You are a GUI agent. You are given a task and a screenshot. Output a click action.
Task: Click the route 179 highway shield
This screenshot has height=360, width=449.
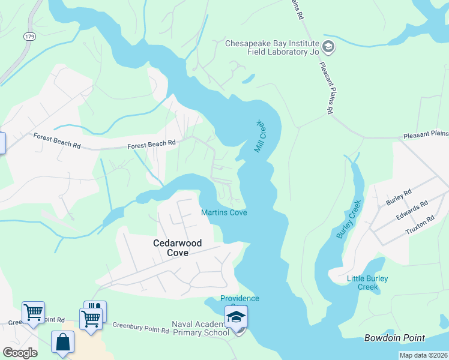pos(29,37)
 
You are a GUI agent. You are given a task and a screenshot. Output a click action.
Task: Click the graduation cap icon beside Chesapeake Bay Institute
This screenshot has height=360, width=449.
pos(328,47)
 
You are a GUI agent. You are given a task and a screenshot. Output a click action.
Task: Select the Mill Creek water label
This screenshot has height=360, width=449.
pos(259,136)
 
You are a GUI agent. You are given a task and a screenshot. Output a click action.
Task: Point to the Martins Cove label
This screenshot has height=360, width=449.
pos(224,212)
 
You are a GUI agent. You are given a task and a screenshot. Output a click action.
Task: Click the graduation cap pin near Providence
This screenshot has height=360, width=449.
pos(237,316)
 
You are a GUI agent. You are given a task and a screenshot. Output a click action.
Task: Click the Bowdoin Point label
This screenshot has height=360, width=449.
pos(394,338)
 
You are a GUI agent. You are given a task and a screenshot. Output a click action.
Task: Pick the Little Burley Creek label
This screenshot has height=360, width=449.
pos(367,283)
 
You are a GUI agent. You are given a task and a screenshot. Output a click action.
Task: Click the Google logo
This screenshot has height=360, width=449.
pos(19,352)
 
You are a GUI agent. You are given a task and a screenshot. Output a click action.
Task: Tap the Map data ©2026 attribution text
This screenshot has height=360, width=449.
pos(423,355)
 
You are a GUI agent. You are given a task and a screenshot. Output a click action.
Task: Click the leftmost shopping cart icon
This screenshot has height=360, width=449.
pos(33,312)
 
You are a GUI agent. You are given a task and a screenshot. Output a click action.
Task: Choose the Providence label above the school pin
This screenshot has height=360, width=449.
pos(240,299)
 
